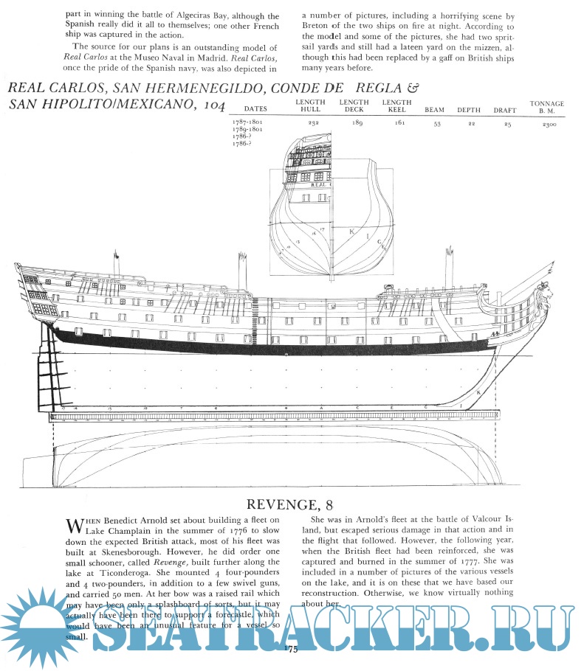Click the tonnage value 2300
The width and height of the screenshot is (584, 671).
[547, 125]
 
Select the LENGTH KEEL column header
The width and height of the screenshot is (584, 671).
[397, 105]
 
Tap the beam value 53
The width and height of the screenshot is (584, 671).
[437, 125]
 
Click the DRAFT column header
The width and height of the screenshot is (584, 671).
[505, 110]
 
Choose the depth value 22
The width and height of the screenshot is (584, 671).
[469, 125]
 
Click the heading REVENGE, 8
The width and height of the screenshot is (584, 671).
[292, 506]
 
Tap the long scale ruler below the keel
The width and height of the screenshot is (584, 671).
[273, 417]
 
